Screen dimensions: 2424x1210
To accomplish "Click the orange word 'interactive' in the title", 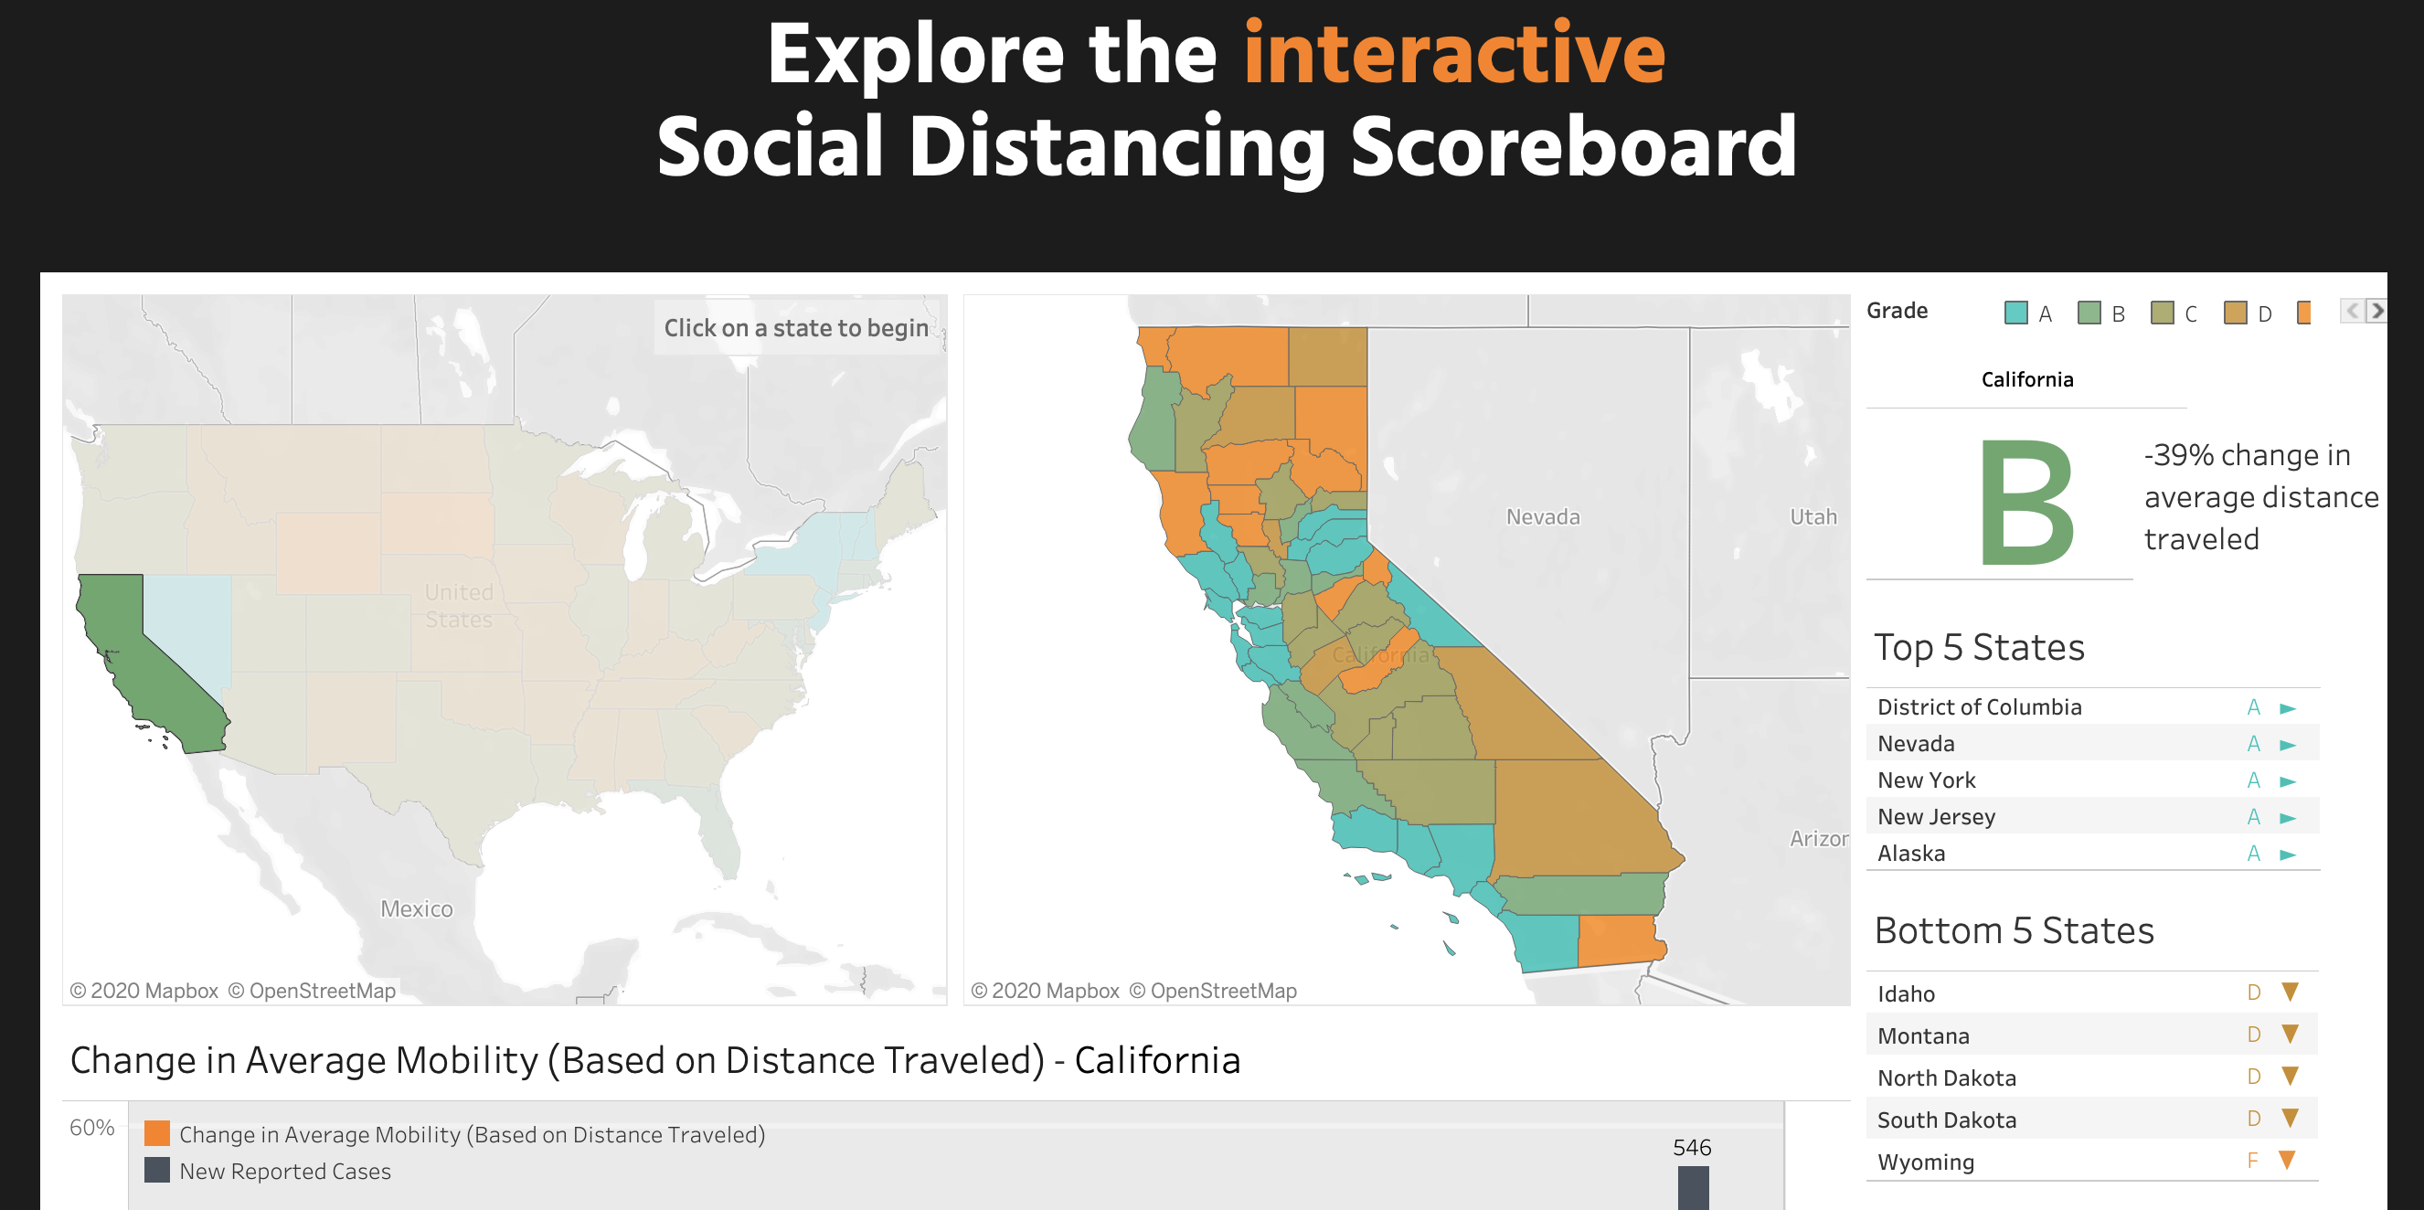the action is [1454, 54].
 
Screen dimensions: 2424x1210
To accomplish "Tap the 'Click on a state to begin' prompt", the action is [796, 327].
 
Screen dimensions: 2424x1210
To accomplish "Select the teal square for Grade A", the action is [2015, 313].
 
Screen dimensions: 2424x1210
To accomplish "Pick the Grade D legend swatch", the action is [2235, 313].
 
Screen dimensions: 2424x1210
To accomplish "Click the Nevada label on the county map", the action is [1542, 516].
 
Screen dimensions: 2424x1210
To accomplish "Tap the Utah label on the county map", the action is [1813, 516].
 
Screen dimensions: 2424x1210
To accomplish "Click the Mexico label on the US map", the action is [416, 909].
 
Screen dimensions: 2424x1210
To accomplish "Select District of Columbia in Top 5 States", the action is [1979, 706].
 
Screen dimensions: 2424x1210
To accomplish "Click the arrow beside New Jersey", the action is [2288, 818].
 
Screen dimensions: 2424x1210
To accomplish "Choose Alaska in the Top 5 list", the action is [1910, 854].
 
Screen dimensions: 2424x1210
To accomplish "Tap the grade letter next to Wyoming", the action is [2252, 1161].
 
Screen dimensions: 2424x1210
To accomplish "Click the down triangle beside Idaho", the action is [2290, 992].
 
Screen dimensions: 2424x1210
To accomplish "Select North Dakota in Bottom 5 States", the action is [1946, 1077].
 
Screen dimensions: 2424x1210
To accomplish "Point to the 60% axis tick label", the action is [91, 1127].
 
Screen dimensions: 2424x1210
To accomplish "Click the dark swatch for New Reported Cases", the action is [157, 1170].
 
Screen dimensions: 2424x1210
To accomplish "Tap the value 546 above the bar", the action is [1691, 1148].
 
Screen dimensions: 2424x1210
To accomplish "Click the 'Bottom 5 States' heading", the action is [2014, 930].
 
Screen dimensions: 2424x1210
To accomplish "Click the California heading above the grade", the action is [2027, 379].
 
